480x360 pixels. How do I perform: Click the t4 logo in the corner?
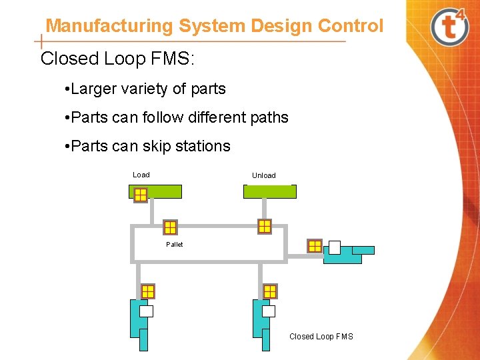451,26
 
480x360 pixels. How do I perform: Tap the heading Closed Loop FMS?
117,59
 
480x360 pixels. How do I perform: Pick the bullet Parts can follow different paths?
177,117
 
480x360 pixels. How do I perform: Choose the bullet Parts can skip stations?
147,146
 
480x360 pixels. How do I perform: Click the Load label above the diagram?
141,175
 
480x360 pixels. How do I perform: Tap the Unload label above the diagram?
263,175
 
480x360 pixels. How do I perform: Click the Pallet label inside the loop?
174,245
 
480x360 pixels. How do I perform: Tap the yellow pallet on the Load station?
140,195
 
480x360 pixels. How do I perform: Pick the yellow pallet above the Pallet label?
170,227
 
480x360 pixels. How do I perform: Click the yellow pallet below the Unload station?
265,226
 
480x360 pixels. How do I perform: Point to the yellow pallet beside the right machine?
315,246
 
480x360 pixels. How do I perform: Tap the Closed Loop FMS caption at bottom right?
321,337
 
